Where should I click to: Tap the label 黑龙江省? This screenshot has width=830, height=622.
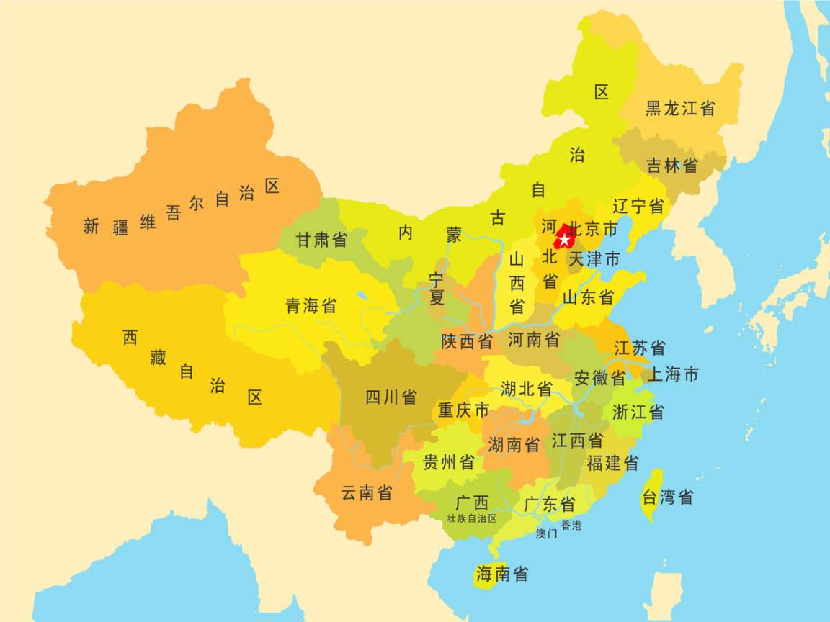pos(680,109)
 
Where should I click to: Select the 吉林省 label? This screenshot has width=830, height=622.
pos(671,166)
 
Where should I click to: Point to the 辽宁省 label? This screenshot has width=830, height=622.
pos(638,207)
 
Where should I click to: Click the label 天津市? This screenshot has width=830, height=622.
pos(594,259)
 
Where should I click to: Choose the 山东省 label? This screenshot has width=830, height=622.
pos(588,297)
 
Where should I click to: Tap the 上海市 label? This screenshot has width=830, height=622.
pos(672,374)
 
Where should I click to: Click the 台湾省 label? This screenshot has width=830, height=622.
pos(667,497)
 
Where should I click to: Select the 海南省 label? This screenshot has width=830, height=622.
pos(501,574)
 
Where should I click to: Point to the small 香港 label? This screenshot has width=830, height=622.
pos(571,526)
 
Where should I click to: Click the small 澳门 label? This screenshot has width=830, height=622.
pos(547,534)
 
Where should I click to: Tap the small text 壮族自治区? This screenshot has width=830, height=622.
pos(472,518)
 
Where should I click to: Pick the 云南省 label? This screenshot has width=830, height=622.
pos(367,493)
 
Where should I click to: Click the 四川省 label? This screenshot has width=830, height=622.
pos(391,397)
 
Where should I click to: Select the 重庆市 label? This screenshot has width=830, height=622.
pos(463,410)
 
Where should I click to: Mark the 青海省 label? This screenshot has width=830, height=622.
pos(311,306)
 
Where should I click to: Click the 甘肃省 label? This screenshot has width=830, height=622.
pos(321,240)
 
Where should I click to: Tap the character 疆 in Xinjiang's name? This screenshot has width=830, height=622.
pos(120,229)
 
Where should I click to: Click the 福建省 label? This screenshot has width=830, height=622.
pos(612,464)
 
